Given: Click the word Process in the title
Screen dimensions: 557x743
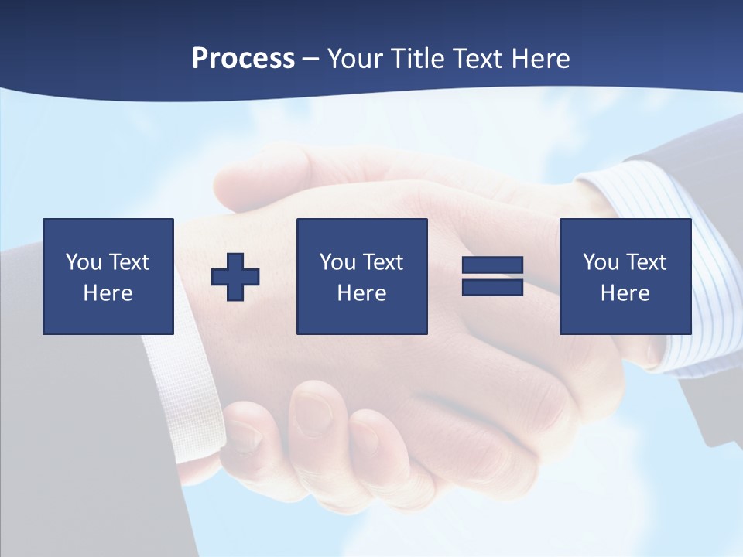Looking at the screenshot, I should click(243, 59).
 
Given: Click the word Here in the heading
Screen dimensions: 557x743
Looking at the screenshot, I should click(543, 59).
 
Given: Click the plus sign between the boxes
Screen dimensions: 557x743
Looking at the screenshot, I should click(235, 276).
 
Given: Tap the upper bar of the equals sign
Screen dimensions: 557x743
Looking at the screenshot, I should click(492, 265).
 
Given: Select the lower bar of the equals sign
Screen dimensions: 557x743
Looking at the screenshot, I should click(492, 287).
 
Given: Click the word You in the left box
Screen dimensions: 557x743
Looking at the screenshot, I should click(84, 262).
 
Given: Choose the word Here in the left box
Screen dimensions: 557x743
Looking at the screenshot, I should click(108, 293).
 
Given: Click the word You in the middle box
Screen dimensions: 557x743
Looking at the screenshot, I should click(337, 262).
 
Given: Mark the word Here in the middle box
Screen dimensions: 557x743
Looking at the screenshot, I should click(361, 293).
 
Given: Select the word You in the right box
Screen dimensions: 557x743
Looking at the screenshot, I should click(601, 262).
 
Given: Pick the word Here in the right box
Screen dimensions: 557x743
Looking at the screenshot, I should click(625, 293).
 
